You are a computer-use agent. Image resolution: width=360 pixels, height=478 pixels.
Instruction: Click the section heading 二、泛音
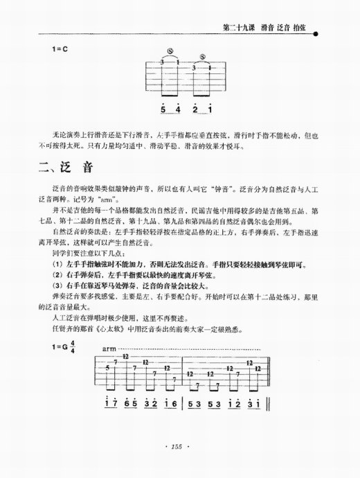pos(68,169)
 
